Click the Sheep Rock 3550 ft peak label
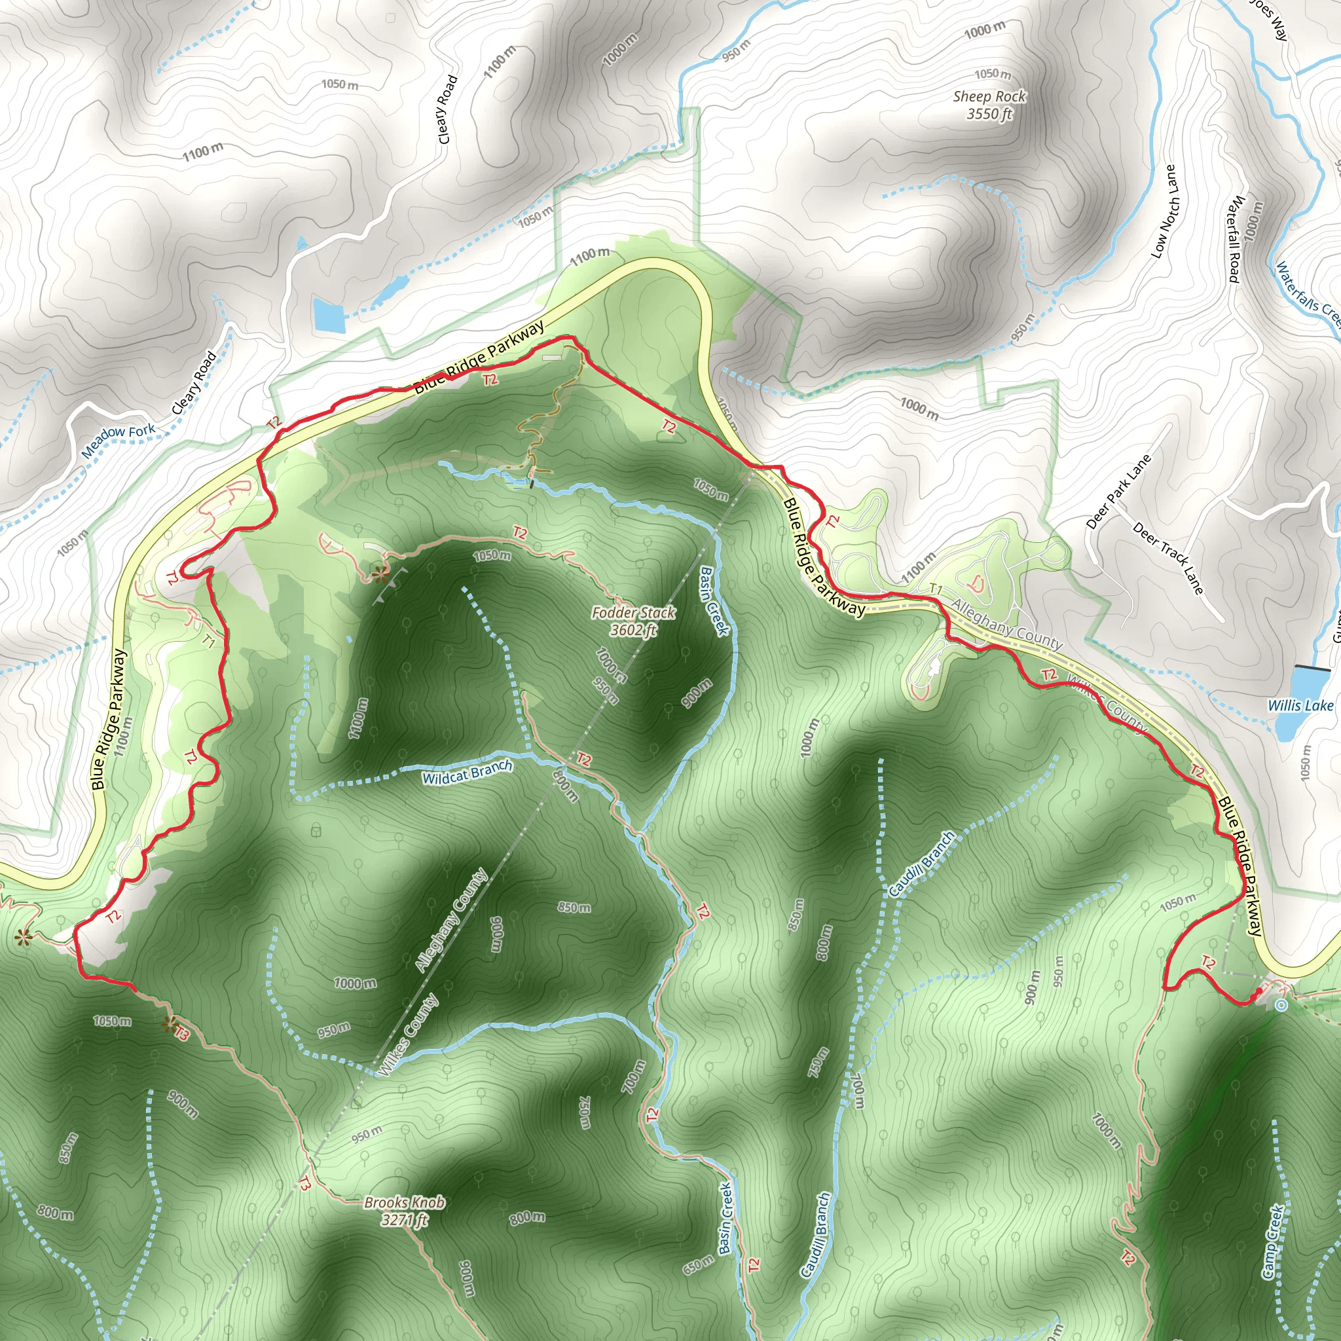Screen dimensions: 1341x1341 coord(989,105)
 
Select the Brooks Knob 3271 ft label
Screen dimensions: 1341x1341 coord(404,1211)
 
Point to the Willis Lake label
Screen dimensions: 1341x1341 coord(1300,706)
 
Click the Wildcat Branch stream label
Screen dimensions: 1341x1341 coord(467,772)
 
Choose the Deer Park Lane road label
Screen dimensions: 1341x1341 coord(1118,492)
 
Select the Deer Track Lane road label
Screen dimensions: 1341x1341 coord(1168,558)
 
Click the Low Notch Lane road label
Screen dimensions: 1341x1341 coord(1166,211)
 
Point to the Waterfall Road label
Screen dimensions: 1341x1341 coord(1236,239)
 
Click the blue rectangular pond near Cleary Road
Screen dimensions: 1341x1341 coord(329,314)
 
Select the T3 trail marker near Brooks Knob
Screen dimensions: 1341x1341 coord(304,1184)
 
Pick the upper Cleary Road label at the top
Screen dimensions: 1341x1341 coord(448,109)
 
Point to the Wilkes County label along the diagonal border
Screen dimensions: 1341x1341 coord(409,1035)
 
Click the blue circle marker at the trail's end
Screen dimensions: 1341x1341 coord(1281,1005)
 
